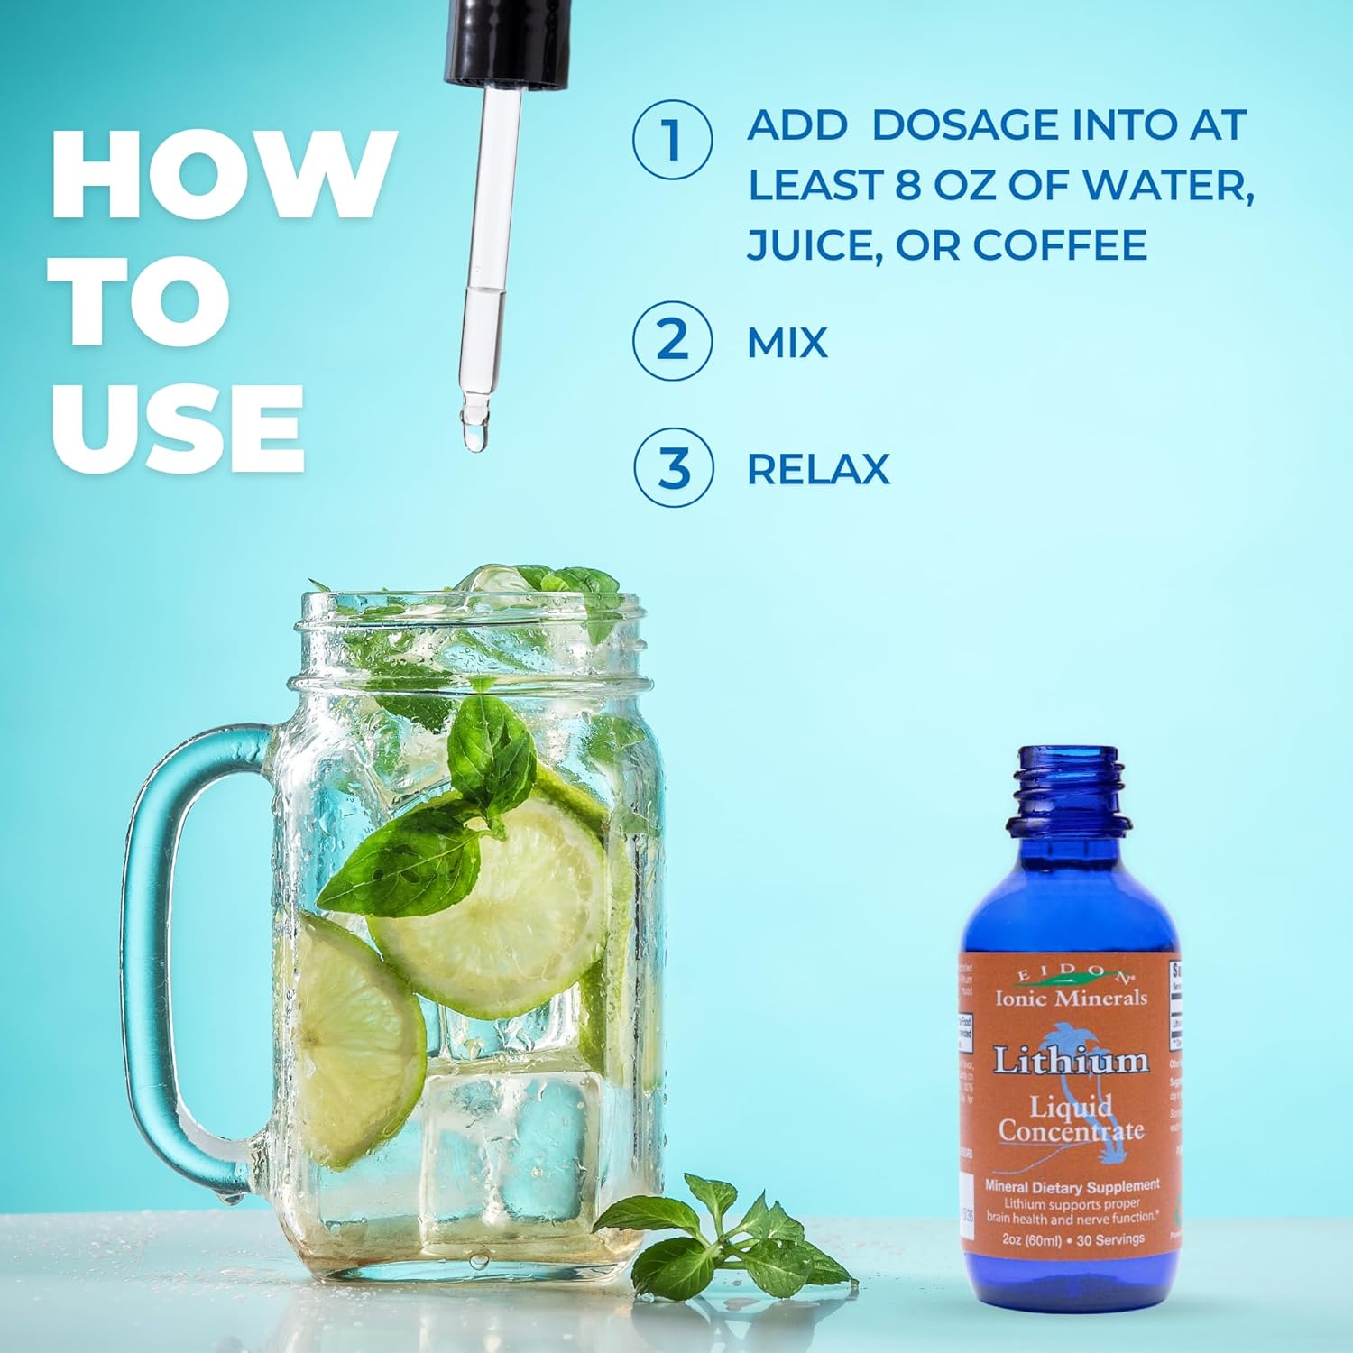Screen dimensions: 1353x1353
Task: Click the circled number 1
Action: (673, 140)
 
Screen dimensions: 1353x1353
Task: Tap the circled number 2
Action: (673, 341)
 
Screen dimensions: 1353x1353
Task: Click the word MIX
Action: (787, 343)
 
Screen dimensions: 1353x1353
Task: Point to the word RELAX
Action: (818, 469)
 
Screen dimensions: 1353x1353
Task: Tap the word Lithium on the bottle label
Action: (1071, 1061)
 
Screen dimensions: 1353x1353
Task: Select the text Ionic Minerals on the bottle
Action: (1071, 997)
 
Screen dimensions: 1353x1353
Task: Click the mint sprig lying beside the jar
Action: (722, 1236)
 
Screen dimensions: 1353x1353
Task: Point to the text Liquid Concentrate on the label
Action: (1071, 1119)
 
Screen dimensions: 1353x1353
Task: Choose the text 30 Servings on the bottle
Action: (1110, 1239)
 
